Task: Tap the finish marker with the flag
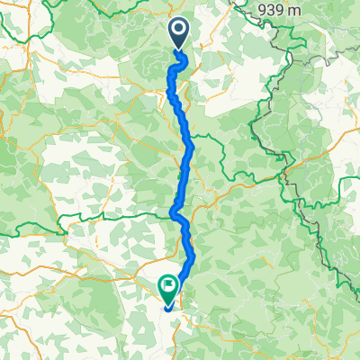coord(168,288)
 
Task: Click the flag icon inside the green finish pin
coord(168,285)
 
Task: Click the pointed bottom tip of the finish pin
coord(168,304)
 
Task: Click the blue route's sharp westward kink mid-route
coord(172,212)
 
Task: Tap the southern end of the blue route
coord(167,309)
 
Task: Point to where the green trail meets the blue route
coord(172,215)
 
